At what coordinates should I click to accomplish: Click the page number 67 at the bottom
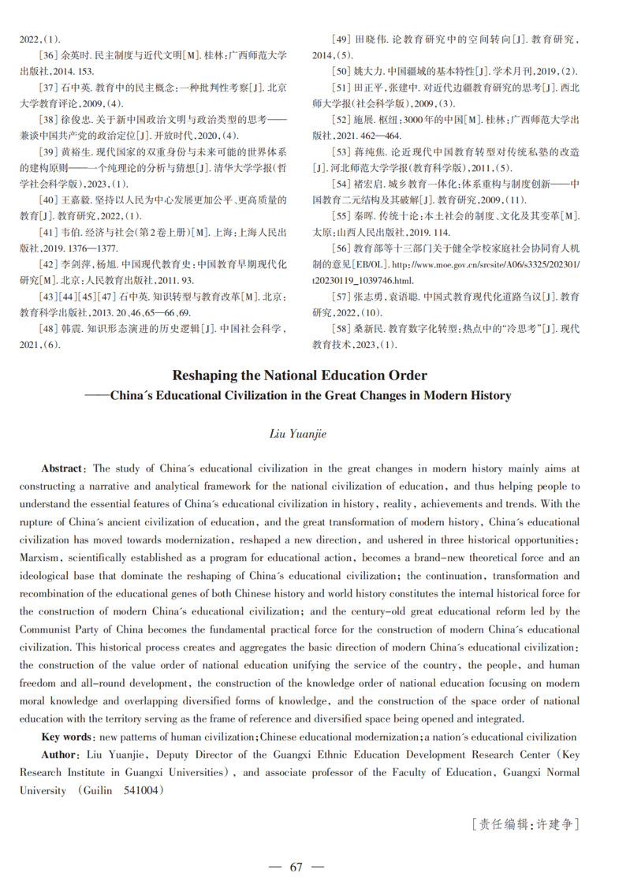296,866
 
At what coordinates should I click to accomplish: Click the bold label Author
61,754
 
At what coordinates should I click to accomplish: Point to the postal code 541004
141,790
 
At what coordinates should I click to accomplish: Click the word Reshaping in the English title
208,375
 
